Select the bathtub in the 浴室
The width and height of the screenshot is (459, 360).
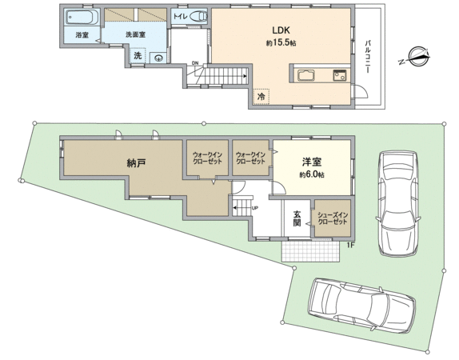tap(81, 18)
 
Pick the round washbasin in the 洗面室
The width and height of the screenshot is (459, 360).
tap(158, 58)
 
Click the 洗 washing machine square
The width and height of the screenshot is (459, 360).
tap(138, 56)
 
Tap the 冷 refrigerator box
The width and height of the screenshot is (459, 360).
tap(261, 95)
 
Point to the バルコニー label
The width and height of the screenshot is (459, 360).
tap(367, 56)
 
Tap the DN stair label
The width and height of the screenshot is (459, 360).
tap(195, 64)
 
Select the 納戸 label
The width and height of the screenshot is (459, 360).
tap(137, 162)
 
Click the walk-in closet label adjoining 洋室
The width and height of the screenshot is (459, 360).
tap(251, 158)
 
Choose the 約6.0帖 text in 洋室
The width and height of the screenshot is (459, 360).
tap(311, 174)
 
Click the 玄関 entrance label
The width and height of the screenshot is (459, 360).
tap(297, 218)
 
